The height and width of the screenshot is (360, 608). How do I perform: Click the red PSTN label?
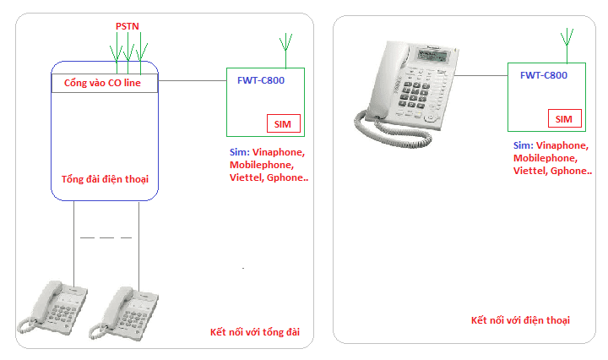click(128, 27)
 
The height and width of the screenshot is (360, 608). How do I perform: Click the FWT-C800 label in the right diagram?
click(543, 75)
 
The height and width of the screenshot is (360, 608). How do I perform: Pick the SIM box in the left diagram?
click(282, 124)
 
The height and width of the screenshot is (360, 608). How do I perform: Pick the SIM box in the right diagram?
click(564, 118)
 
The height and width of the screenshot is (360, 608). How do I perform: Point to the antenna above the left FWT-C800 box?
click(285, 47)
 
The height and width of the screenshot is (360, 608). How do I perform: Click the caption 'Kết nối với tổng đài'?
click(255, 331)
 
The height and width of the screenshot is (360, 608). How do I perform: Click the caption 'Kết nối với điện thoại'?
click(520, 320)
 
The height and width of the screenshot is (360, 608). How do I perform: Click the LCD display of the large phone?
click(438, 58)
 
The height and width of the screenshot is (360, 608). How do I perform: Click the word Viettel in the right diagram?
click(529, 171)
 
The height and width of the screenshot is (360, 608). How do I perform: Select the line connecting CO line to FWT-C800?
click(192, 82)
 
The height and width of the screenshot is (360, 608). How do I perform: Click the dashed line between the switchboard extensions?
click(106, 238)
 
